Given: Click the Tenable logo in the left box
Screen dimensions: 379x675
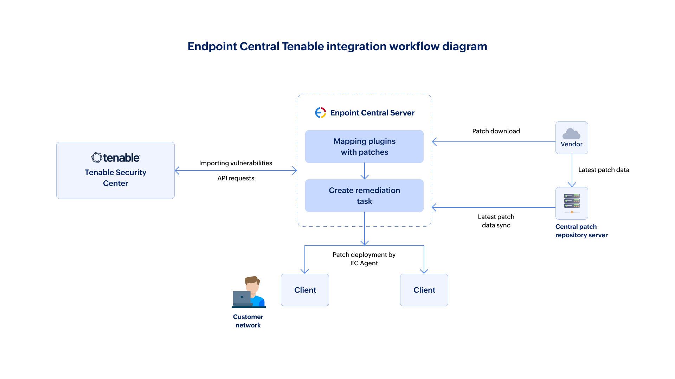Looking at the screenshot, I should [x=115, y=158].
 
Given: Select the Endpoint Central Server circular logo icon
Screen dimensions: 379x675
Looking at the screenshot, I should [x=320, y=113].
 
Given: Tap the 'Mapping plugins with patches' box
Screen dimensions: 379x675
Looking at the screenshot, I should [x=364, y=146].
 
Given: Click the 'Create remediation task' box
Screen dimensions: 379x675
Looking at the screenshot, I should [x=364, y=195].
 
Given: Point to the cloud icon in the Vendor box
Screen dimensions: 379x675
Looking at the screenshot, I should [x=571, y=134].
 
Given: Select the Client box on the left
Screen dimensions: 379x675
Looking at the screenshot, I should [x=305, y=290].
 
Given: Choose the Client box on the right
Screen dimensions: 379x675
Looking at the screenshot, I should [x=424, y=290].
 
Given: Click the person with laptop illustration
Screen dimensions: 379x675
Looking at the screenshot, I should [x=249, y=292].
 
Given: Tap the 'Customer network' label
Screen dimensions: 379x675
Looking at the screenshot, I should [x=248, y=321].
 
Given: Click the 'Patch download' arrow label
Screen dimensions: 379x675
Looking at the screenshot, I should [x=496, y=131].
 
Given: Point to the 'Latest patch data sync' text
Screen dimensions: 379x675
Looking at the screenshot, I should [x=496, y=221].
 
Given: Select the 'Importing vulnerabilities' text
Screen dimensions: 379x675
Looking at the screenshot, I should [x=236, y=163].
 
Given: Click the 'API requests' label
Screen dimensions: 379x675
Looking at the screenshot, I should [x=236, y=178].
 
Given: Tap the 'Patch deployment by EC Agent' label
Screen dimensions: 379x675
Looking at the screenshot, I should [x=364, y=259].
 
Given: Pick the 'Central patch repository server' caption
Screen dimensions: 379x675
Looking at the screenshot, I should [x=581, y=231].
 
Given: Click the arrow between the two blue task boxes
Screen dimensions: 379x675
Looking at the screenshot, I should [x=365, y=171].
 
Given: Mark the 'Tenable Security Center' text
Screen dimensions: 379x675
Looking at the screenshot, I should [x=115, y=178].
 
